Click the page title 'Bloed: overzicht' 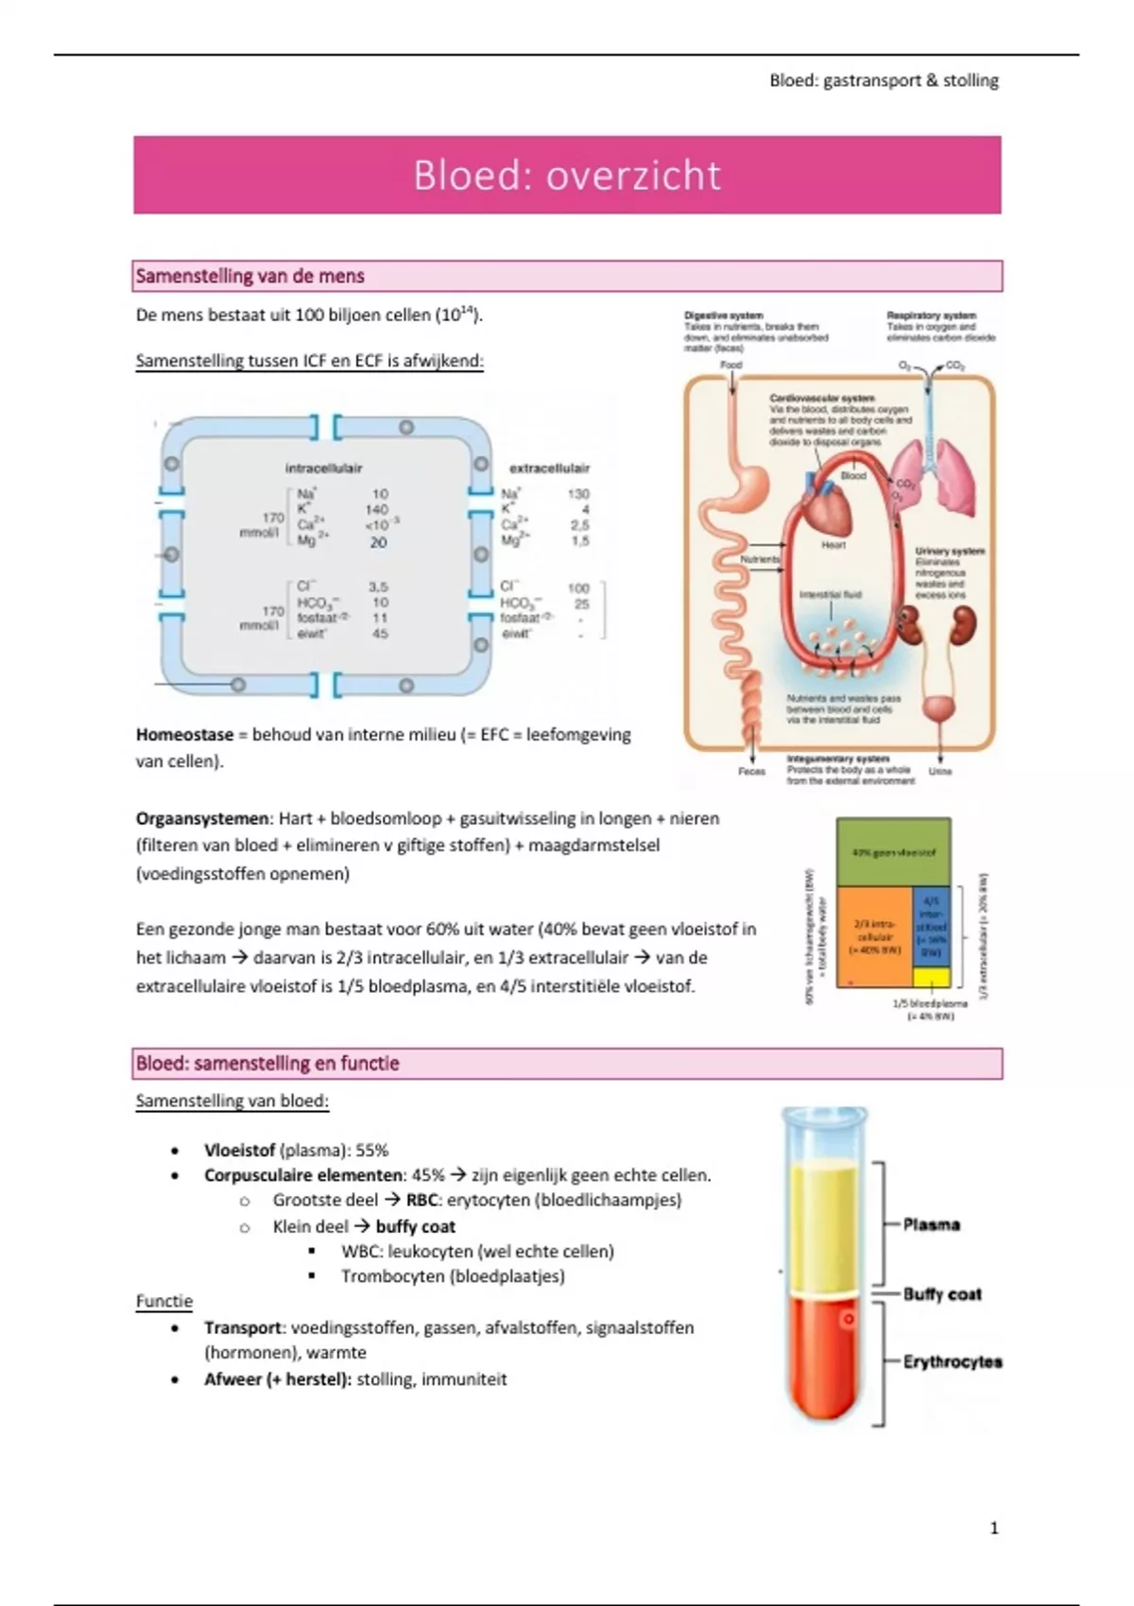tap(567, 176)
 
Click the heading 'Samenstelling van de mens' tap(250, 276)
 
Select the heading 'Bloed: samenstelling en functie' tap(267, 1063)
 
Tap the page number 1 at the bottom tap(993, 1528)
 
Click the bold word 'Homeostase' tap(184, 734)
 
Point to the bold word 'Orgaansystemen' tap(202, 818)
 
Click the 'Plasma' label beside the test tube tap(931, 1224)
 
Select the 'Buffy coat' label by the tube tap(941, 1293)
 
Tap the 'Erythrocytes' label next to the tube tap(952, 1361)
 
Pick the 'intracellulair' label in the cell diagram tap(323, 468)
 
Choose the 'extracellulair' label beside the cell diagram tap(549, 468)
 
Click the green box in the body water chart tap(893, 851)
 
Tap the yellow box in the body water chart tap(931, 977)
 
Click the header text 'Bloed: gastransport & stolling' tap(884, 80)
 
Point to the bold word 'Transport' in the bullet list tap(243, 1327)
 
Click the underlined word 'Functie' tap(164, 1301)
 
